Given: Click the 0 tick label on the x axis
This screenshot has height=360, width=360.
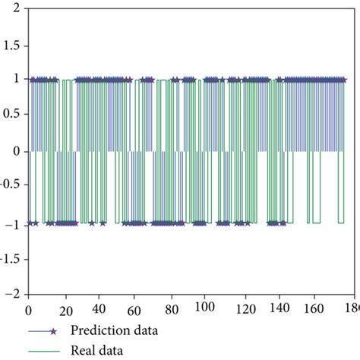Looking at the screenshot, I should pyautogui.click(x=28, y=310).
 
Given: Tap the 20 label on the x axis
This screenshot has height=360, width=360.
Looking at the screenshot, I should pyautogui.click(x=64, y=310).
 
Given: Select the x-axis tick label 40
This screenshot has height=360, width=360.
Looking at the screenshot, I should pyautogui.click(x=99, y=310).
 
